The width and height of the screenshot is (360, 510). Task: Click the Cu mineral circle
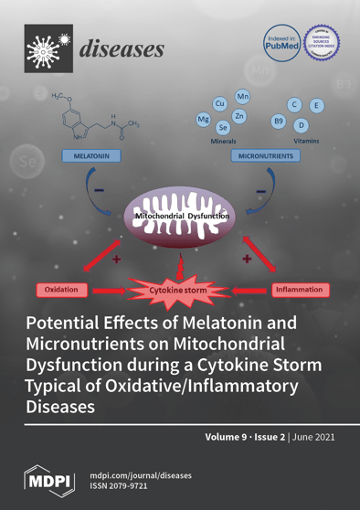pyautogui.click(x=219, y=104)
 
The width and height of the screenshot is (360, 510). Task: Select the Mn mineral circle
pyautogui.click(x=243, y=97)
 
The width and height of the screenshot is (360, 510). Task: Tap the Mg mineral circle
pyautogui.click(x=204, y=120)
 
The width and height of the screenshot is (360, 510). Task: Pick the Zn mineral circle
pyautogui.click(x=239, y=116)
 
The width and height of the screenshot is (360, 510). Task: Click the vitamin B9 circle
pyautogui.click(x=279, y=120)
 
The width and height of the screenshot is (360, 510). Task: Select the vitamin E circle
pyautogui.click(x=316, y=107)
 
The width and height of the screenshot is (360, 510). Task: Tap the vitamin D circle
pyautogui.click(x=302, y=124)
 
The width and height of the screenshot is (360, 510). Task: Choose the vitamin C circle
pyautogui.click(x=294, y=105)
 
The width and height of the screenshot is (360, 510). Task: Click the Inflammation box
pyautogui.click(x=299, y=290)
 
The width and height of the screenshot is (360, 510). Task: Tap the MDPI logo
pyautogui.click(x=47, y=479)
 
